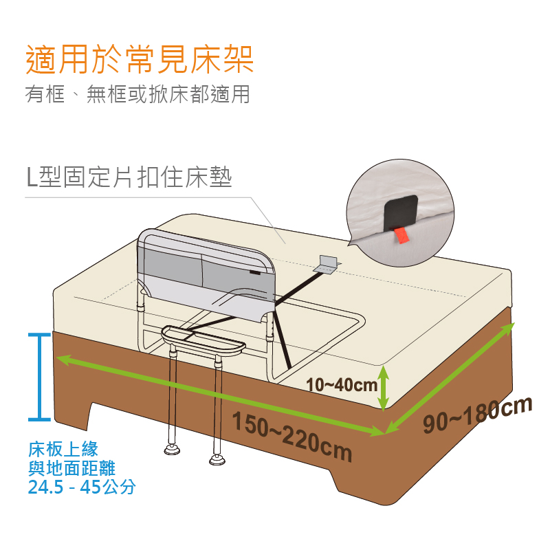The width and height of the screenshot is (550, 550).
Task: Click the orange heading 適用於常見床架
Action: pos(140,59)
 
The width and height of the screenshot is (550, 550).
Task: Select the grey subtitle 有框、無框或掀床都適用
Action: pos(137,94)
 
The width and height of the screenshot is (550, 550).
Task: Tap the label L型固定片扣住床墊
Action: pos(129,177)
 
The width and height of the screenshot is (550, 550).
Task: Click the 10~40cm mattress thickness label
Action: pos(342,385)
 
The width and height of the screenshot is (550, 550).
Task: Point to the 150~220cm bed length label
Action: pos(292,437)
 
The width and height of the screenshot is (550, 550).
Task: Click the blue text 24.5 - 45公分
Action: pos(82,487)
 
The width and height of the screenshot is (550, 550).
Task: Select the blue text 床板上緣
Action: pos(63,449)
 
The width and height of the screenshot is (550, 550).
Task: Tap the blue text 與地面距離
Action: pos(72,467)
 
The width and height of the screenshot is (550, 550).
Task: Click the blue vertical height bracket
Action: pos(39,377)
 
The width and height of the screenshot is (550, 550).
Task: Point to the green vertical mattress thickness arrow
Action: pos(384,388)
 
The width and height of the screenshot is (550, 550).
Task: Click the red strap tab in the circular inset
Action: pos(401,235)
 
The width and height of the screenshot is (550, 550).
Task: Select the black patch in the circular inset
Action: pos(401,212)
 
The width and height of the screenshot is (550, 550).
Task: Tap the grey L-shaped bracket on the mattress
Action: pos(327,265)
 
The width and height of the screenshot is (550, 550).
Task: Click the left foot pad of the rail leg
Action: pos(173,450)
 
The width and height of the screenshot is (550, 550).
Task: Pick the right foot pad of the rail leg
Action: pos(217,459)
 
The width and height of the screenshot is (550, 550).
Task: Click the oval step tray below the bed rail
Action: pos(203,341)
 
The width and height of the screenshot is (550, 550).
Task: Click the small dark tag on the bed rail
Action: pos(255,272)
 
